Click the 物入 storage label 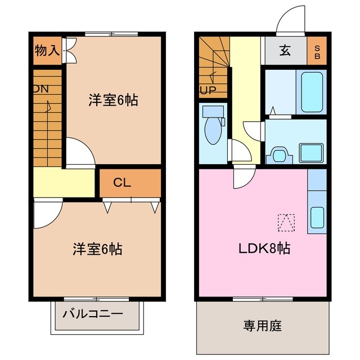click(47, 50)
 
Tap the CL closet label click(122, 182)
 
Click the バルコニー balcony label click(93, 313)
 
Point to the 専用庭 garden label click(262, 325)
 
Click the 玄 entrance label click(285, 51)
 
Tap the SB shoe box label click(317, 51)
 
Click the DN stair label click(40, 89)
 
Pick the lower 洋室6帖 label click(97, 248)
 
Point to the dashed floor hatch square click(286, 223)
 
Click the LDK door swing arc click(244, 179)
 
